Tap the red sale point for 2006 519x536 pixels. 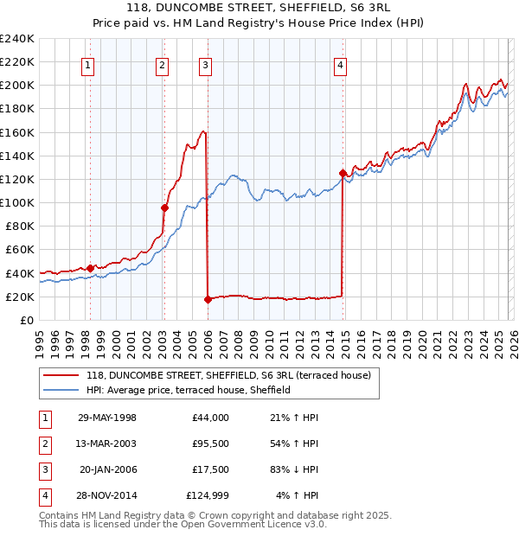[x=208, y=300]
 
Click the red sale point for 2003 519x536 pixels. [x=164, y=207]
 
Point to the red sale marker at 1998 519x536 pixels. [x=90, y=268]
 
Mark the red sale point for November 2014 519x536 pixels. [x=343, y=173]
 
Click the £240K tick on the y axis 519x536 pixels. [x=16, y=39]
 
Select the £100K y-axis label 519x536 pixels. [x=16, y=202]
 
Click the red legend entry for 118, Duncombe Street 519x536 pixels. [x=228, y=375]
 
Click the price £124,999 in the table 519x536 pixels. [x=208, y=495]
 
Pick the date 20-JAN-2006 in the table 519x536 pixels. [x=107, y=469]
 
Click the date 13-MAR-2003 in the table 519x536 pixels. [x=107, y=443]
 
